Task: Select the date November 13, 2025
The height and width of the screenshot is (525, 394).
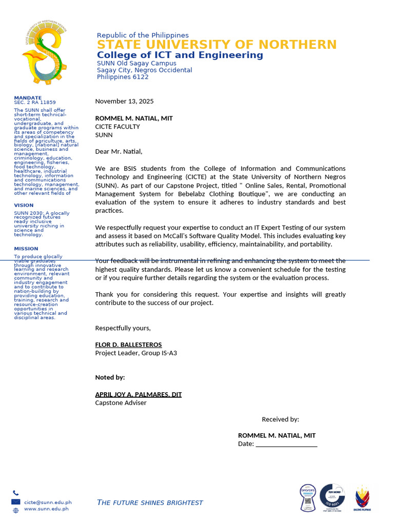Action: coord(124,102)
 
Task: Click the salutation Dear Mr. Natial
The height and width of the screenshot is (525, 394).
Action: coord(119,151)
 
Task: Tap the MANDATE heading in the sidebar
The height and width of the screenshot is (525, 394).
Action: coord(28,97)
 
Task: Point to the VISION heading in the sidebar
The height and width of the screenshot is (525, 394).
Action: coord(24,205)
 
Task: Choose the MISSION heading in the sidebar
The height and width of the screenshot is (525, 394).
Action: coord(25,249)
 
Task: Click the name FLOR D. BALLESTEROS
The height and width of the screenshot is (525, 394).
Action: coord(128,345)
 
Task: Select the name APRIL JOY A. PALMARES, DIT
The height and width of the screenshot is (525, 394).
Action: coord(139,394)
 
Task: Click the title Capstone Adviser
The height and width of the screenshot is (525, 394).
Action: coord(121,403)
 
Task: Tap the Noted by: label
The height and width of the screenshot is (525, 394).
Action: coord(110,377)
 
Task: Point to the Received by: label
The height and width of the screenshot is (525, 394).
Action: coord(280,419)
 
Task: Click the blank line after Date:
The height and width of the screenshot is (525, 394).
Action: coord(286,444)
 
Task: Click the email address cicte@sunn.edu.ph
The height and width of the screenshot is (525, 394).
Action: coord(48,503)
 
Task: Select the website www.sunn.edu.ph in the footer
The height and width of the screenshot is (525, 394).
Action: coord(46,509)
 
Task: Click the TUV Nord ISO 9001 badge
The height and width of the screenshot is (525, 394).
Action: coord(332,497)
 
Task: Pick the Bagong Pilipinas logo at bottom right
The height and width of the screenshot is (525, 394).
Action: coord(363,498)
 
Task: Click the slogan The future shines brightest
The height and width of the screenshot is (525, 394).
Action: coord(150,502)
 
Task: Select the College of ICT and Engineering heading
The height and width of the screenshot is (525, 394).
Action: coord(180,55)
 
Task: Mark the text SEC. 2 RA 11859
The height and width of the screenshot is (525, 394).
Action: coord(35,103)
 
